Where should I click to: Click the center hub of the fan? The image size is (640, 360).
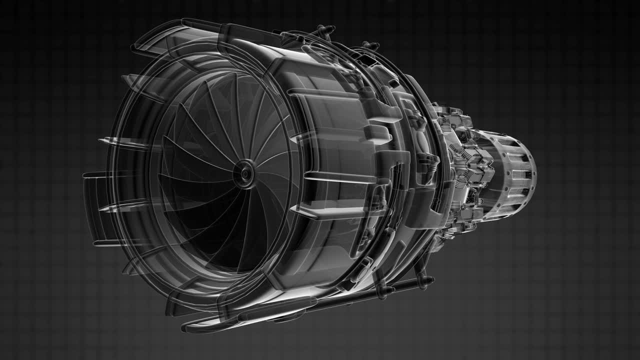coord(245,173)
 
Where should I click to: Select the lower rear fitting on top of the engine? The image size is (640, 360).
coord(370,46)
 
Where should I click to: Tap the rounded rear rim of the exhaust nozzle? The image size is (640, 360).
coord(533,172)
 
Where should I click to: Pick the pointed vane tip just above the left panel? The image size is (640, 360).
coord(102,142)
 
